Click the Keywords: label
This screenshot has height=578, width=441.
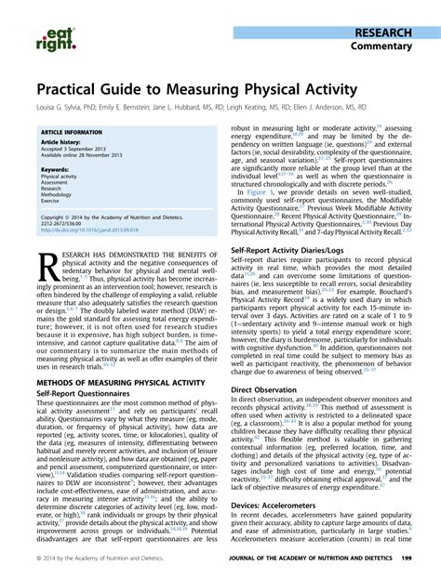pyautogui.click(x=55, y=169)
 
